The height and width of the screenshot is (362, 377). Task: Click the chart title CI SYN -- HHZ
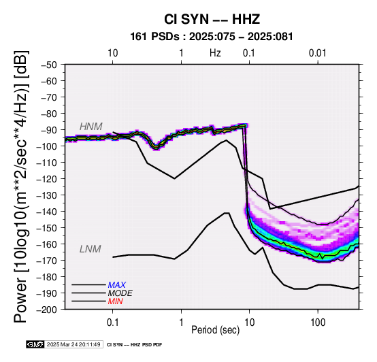pos(212,19)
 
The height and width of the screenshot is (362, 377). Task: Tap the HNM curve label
pos(91,127)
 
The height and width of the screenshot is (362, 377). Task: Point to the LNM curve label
pos(90,249)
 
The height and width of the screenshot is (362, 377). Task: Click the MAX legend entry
pos(116,285)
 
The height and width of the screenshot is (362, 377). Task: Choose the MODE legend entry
pos(120,293)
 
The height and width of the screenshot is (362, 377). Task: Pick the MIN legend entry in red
pos(115,301)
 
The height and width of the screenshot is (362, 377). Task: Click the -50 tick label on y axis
pos(49,65)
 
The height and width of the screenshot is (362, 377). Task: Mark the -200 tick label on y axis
pos(47,310)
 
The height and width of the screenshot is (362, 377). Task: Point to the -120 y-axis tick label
pos(47,179)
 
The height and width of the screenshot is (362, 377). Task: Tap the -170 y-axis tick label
pos(47,261)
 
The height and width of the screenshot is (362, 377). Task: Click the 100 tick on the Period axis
pos(318,323)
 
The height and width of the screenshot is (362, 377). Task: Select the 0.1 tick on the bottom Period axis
pos(112,323)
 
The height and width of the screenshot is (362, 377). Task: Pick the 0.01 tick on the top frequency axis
pos(318,53)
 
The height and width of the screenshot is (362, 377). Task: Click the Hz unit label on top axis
pos(215,53)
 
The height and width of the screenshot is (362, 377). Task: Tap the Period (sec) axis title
pos(216,330)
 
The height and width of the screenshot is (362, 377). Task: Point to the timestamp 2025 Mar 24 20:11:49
pos(73,344)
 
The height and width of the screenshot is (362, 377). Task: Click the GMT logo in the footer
pos(35,344)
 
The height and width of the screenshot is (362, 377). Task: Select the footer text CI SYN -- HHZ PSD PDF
pos(134,345)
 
